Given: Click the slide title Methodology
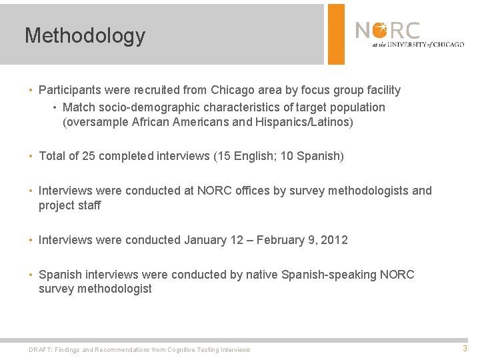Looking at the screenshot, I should coord(85,35).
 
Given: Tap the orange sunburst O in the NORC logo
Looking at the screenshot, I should coord(380,30).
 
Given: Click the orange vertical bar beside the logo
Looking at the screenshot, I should coord(336,34).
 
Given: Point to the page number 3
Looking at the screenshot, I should coord(465,348).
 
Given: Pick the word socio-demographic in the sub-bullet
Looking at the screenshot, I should coord(152,107).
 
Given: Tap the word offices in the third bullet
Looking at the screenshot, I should coord(246,191).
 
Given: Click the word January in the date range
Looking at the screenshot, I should coord(205,240).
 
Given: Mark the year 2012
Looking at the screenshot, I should coord(334,240).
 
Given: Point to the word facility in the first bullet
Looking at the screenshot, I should coord(381,90).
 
